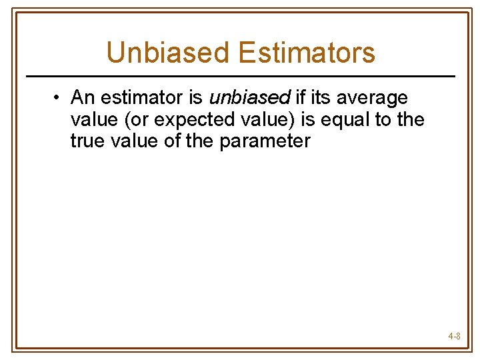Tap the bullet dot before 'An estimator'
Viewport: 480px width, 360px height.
point(59,98)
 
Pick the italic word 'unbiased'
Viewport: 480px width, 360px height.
point(249,98)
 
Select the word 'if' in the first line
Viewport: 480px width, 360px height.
point(300,98)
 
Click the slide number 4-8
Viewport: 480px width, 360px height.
point(454,337)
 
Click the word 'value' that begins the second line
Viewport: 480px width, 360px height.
point(92,120)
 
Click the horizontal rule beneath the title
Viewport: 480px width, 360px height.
point(240,76)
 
